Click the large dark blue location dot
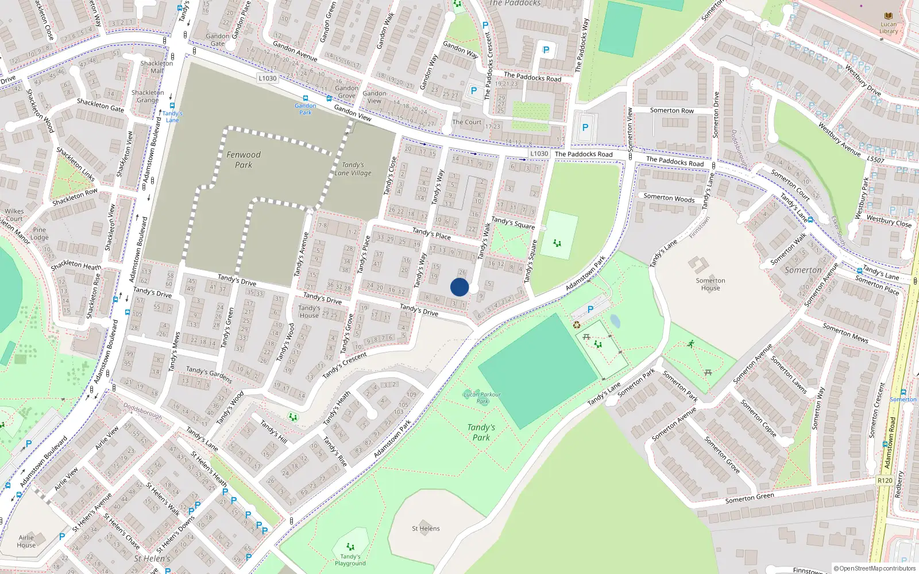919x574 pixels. point(459,287)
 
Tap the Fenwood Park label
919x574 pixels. point(244,160)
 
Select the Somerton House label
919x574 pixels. point(711,284)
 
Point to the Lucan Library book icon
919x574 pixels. point(889,16)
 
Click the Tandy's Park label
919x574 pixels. point(481,432)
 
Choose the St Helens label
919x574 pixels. point(426,529)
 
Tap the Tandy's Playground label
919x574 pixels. point(350,560)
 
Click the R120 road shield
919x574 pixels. point(885,480)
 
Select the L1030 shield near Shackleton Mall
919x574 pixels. point(268,78)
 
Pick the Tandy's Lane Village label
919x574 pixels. point(353,169)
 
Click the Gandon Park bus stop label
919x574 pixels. point(306,109)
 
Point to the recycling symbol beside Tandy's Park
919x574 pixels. point(577,325)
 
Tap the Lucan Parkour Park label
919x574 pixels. point(482,398)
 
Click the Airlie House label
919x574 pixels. point(26,541)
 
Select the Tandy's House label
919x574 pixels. point(309,312)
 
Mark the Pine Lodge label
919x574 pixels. point(40,234)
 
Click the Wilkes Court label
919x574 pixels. point(14,215)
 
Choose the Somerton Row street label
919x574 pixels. point(671,110)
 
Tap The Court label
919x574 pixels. point(466,122)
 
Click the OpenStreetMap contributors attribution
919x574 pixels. point(874,568)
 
